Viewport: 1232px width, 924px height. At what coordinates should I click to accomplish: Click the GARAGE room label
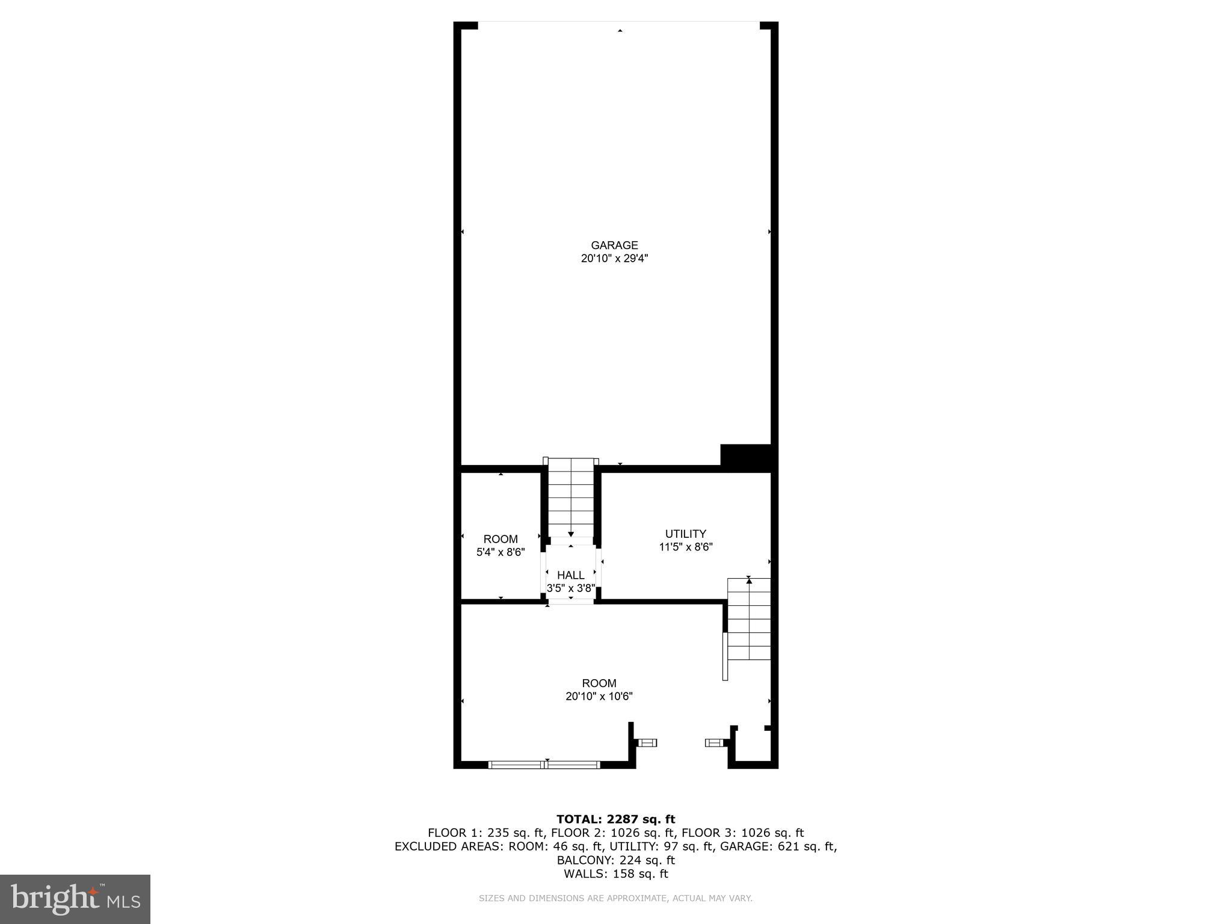[x=614, y=245]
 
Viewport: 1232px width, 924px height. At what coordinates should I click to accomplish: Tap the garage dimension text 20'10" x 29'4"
[x=614, y=259]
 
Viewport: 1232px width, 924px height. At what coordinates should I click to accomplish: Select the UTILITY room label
[x=685, y=534]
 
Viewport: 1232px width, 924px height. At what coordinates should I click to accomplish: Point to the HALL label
[x=570, y=575]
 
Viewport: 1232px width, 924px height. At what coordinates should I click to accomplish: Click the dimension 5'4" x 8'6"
[x=500, y=552]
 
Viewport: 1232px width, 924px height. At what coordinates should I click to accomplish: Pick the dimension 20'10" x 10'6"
[x=599, y=697]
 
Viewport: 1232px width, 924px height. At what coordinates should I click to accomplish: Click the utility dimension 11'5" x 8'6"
[x=686, y=547]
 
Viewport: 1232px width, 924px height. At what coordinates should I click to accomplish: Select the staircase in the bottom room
[x=748, y=620]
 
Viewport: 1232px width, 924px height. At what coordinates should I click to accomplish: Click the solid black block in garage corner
[x=745, y=457]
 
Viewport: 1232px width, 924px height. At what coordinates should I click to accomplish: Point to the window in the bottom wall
[x=544, y=765]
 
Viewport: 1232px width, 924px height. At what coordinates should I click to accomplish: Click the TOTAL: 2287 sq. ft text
[x=615, y=819]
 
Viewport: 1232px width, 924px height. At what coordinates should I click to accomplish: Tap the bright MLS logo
[x=75, y=899]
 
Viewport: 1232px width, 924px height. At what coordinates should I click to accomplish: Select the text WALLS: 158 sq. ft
[x=615, y=874]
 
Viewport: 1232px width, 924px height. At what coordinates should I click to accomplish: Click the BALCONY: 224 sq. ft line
[x=615, y=860]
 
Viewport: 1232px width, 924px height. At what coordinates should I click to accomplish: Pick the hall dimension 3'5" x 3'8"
[x=570, y=588]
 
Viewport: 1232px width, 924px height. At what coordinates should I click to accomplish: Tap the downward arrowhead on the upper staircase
[x=570, y=534]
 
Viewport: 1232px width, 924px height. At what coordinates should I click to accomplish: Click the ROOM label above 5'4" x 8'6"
[x=500, y=539]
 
